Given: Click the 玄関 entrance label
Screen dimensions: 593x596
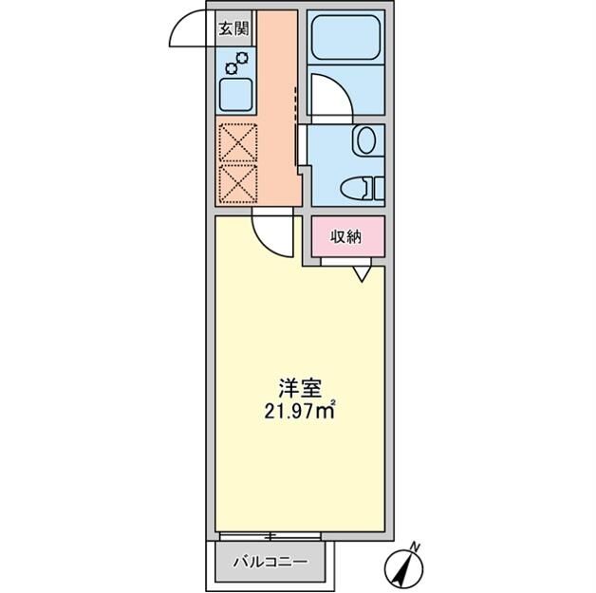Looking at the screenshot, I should (x=234, y=29).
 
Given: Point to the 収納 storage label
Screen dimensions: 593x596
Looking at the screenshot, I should (x=346, y=237).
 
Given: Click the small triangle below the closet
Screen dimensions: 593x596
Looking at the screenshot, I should (x=363, y=274).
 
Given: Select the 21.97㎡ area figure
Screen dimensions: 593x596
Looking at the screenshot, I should (x=300, y=412).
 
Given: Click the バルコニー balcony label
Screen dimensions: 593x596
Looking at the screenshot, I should (x=270, y=562).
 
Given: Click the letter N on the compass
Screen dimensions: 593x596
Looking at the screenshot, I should (x=415, y=547).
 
